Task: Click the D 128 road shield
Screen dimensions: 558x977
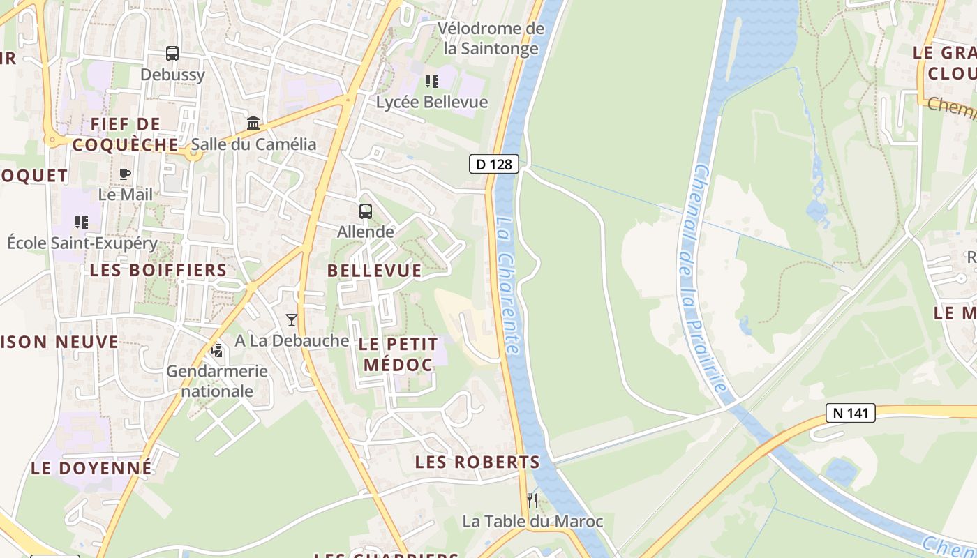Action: [494, 165]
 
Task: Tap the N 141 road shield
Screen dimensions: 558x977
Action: [850, 413]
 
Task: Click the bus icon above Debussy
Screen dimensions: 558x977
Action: [172, 54]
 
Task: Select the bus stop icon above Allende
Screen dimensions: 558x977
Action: [365, 211]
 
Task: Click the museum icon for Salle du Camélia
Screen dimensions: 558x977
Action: [253, 123]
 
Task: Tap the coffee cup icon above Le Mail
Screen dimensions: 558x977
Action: [125, 174]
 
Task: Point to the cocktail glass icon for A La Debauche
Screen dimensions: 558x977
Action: [292, 320]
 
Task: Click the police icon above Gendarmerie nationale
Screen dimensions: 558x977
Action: [217, 349]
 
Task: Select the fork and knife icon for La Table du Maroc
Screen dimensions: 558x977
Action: [532, 500]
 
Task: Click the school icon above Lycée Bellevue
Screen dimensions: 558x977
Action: [432, 82]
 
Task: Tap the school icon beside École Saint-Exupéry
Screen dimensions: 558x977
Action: [82, 223]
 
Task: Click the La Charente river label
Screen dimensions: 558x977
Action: [509, 285]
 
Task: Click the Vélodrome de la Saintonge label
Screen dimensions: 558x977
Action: [491, 38]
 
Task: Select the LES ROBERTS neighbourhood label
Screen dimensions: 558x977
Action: [477, 462]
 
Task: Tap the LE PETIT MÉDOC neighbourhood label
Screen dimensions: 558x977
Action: [399, 354]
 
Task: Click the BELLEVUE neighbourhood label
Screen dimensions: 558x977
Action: [375, 271]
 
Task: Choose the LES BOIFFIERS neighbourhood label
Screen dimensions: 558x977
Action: [158, 270]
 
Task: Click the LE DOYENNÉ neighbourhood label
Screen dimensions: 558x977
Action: [91, 467]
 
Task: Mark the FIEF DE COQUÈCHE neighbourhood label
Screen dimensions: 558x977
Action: [126, 134]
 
